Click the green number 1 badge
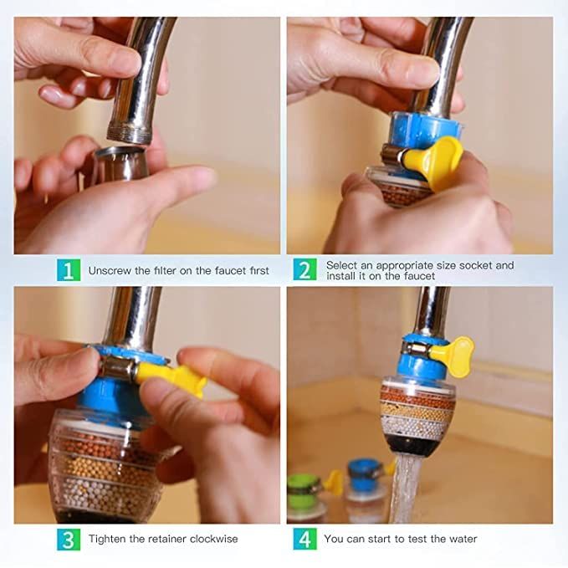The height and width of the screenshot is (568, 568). click(69, 270)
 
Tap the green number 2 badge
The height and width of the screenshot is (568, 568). click(305, 270)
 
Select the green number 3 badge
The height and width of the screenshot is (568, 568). click(69, 539)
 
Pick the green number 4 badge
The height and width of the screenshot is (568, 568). click(305, 539)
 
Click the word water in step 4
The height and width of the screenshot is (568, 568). click(461, 539)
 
